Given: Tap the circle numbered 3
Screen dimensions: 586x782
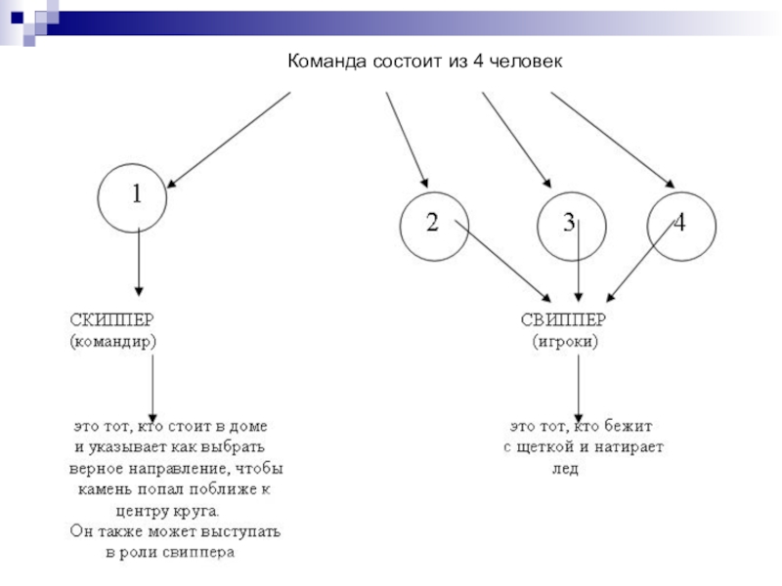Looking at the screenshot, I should pos(569,225).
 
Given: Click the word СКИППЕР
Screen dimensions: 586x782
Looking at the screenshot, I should pos(110,319).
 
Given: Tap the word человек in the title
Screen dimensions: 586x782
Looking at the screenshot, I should pos(527,62).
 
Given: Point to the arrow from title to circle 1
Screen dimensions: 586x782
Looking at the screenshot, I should pos(230,138).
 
